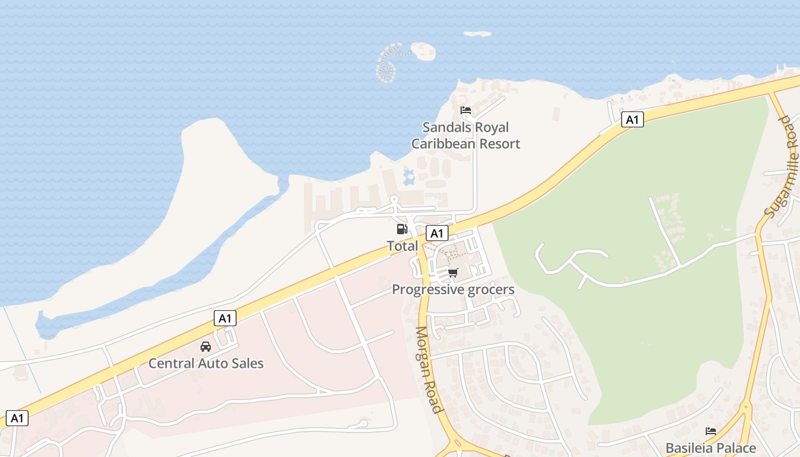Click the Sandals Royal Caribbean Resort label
click(466, 135)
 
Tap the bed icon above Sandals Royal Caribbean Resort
click(466, 110)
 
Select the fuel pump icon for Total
click(402, 229)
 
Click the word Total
click(402, 246)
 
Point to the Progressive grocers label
click(453, 290)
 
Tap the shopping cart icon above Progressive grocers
click(453, 272)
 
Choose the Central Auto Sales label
click(206, 363)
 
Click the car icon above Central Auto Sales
click(206, 347)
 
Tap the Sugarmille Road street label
click(780, 167)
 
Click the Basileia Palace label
click(710, 448)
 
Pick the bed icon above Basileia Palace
click(711, 431)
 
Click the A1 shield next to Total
click(437, 233)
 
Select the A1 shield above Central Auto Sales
click(225, 318)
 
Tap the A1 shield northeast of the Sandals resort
click(632, 120)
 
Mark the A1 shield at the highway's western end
click(17, 418)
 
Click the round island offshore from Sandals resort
click(423, 51)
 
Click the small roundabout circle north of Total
click(394, 200)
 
